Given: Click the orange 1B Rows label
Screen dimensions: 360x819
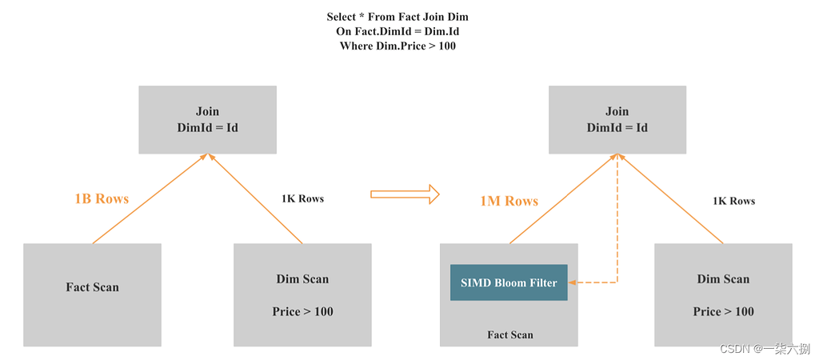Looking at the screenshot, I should pos(101,199).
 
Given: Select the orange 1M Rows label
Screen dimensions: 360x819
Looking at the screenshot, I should pos(509,201).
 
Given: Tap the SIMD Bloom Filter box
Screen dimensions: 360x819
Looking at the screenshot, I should pos(509,282).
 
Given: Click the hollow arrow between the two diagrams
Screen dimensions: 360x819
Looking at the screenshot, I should pos(406,193).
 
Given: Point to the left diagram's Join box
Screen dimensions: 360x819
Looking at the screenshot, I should pos(207,119).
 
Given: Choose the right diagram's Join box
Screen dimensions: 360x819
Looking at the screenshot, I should pos(617,119).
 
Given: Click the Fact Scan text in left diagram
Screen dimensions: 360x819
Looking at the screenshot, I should pos(92,287).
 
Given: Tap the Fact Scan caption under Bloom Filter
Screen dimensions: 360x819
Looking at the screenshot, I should pos(509,334).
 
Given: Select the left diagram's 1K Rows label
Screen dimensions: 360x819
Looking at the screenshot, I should pos(302,198).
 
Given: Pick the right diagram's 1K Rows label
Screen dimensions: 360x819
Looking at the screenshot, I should pos(733,201).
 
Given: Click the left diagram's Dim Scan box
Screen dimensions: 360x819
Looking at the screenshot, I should pos(302,294).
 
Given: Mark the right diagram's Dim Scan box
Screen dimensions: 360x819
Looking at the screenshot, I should pos(723,294).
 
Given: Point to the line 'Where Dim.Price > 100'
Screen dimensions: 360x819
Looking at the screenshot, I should pos(398,46).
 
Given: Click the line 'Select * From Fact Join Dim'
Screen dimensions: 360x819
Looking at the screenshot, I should pos(398,17).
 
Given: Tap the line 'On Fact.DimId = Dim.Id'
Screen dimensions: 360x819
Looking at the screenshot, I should pos(398,31).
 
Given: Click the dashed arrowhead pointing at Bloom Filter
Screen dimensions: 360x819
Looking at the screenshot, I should pos(573,282).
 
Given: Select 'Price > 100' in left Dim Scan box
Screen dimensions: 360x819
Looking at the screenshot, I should pos(302,311).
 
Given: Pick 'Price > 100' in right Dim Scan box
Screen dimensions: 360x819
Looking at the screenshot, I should pos(723,311).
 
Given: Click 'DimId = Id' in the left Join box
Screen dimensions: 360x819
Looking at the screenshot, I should pos(207,128).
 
